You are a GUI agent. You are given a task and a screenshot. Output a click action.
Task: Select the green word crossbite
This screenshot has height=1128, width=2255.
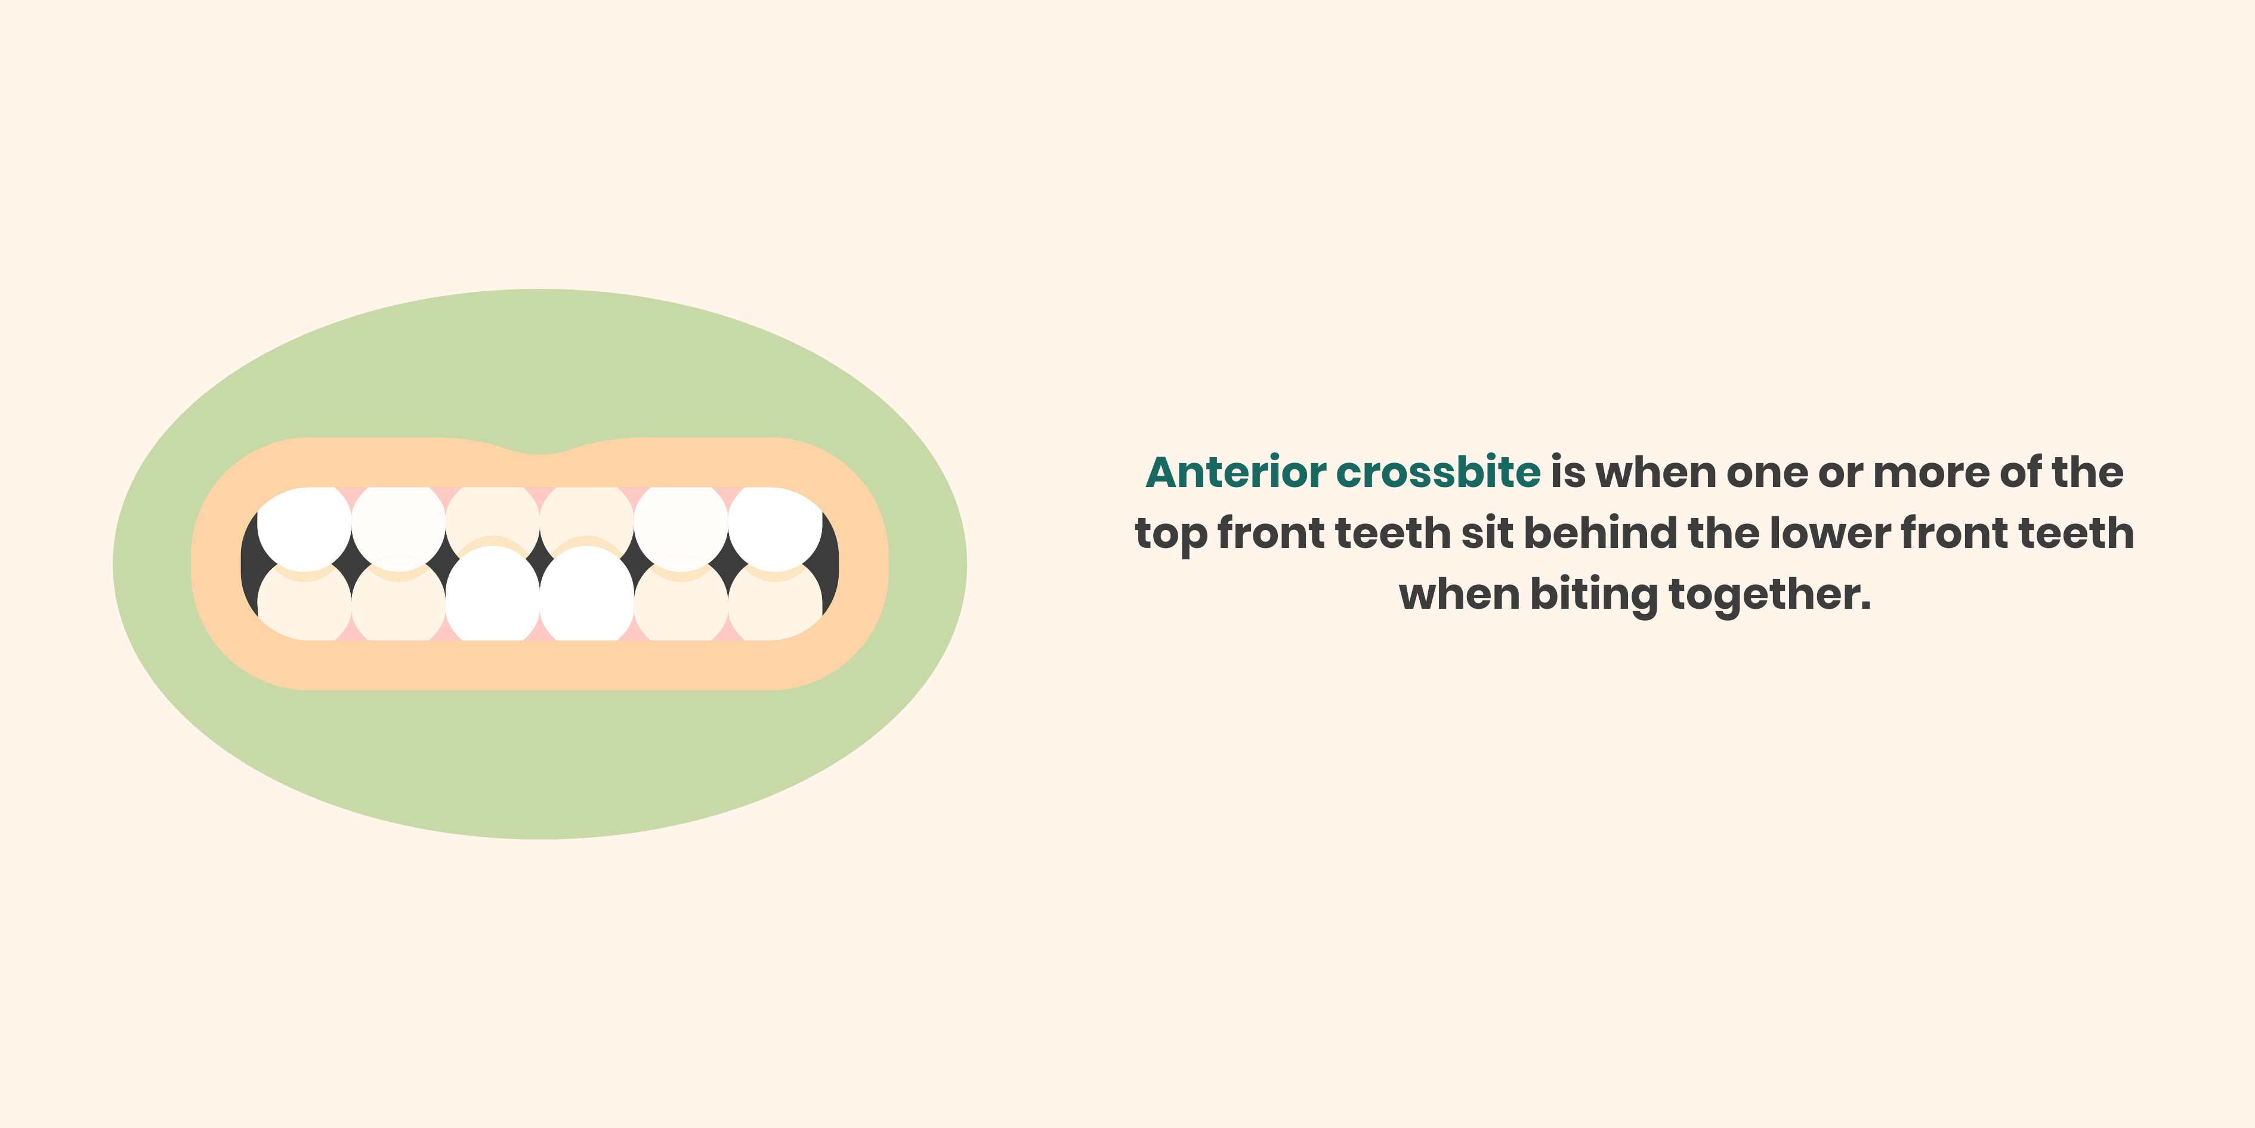coord(1438,472)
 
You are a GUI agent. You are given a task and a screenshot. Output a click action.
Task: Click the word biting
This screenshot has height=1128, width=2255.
coord(1593,594)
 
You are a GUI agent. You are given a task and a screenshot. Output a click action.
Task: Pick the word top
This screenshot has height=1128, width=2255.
coord(1170,534)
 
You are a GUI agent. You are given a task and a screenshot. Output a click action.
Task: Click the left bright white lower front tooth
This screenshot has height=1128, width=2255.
coord(493,596)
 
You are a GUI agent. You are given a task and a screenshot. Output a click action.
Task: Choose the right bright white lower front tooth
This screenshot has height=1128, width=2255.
coord(586,596)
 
